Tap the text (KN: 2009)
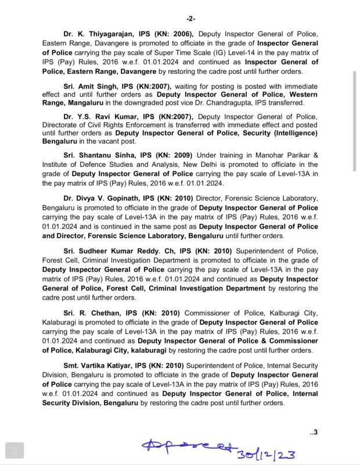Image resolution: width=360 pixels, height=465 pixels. click(174, 155)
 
